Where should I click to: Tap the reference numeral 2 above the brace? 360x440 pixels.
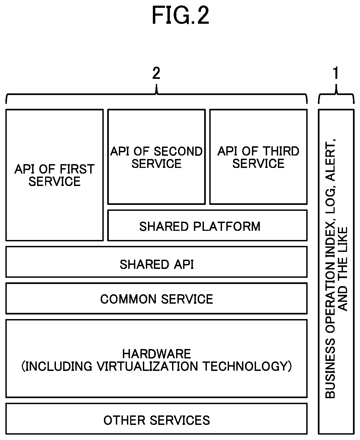point(156,73)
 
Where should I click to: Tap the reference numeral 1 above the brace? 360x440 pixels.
point(336,73)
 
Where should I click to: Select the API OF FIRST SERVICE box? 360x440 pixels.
point(55,175)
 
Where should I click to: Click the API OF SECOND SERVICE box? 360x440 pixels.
point(156,157)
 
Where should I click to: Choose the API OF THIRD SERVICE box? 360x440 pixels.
point(258,157)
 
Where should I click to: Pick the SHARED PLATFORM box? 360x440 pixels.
point(207,225)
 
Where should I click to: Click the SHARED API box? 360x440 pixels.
point(157,262)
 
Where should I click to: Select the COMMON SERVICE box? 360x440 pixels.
point(157,299)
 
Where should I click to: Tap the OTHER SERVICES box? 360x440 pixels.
point(157,419)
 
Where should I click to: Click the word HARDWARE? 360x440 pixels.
point(157,354)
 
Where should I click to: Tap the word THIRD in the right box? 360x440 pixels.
point(281,151)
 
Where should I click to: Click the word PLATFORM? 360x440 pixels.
point(227,226)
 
